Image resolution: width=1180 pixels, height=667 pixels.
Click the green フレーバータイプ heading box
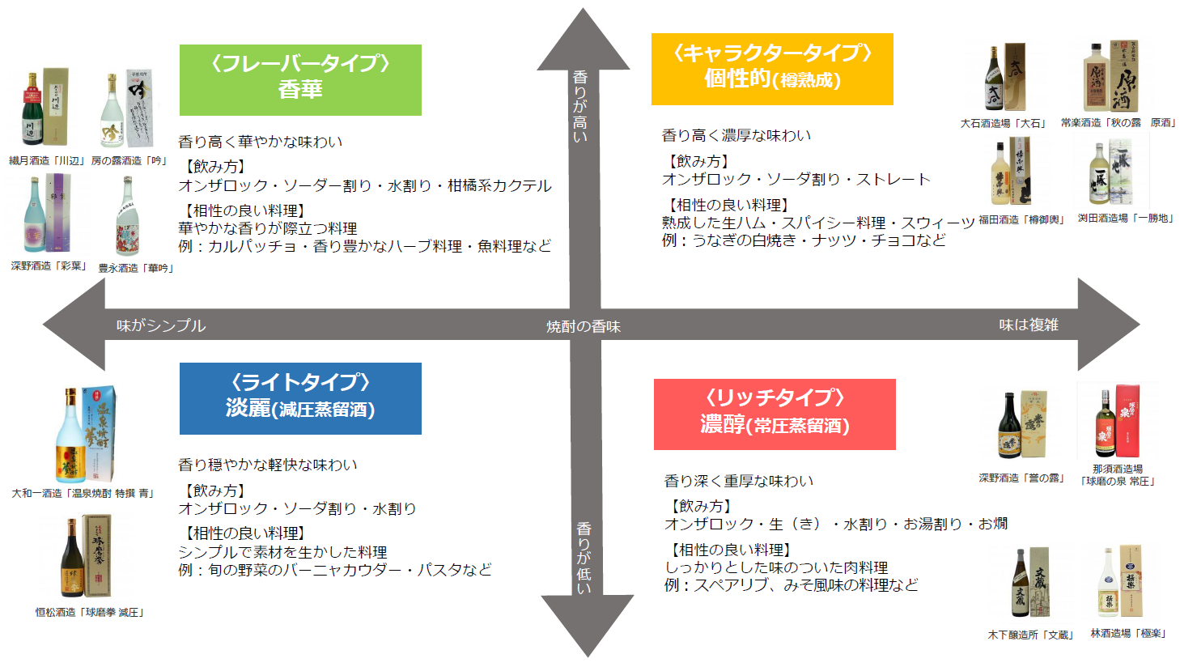[300, 79]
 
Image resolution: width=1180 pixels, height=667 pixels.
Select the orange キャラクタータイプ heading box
[772, 69]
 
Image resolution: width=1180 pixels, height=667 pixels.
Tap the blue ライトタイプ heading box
[300, 398]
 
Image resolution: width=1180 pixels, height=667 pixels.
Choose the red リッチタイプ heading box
[775, 414]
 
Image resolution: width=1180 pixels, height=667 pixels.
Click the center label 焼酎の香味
[584, 326]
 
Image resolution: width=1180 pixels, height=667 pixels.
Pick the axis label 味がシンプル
[161, 325]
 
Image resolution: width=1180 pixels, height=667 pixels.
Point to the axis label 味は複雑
[1029, 325]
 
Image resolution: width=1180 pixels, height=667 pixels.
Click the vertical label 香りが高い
[580, 106]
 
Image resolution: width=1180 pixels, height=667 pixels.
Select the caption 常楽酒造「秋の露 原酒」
[1118, 123]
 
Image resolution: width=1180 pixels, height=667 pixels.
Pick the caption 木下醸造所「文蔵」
[1030, 635]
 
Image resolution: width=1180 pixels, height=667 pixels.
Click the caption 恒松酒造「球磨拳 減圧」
[90, 613]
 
